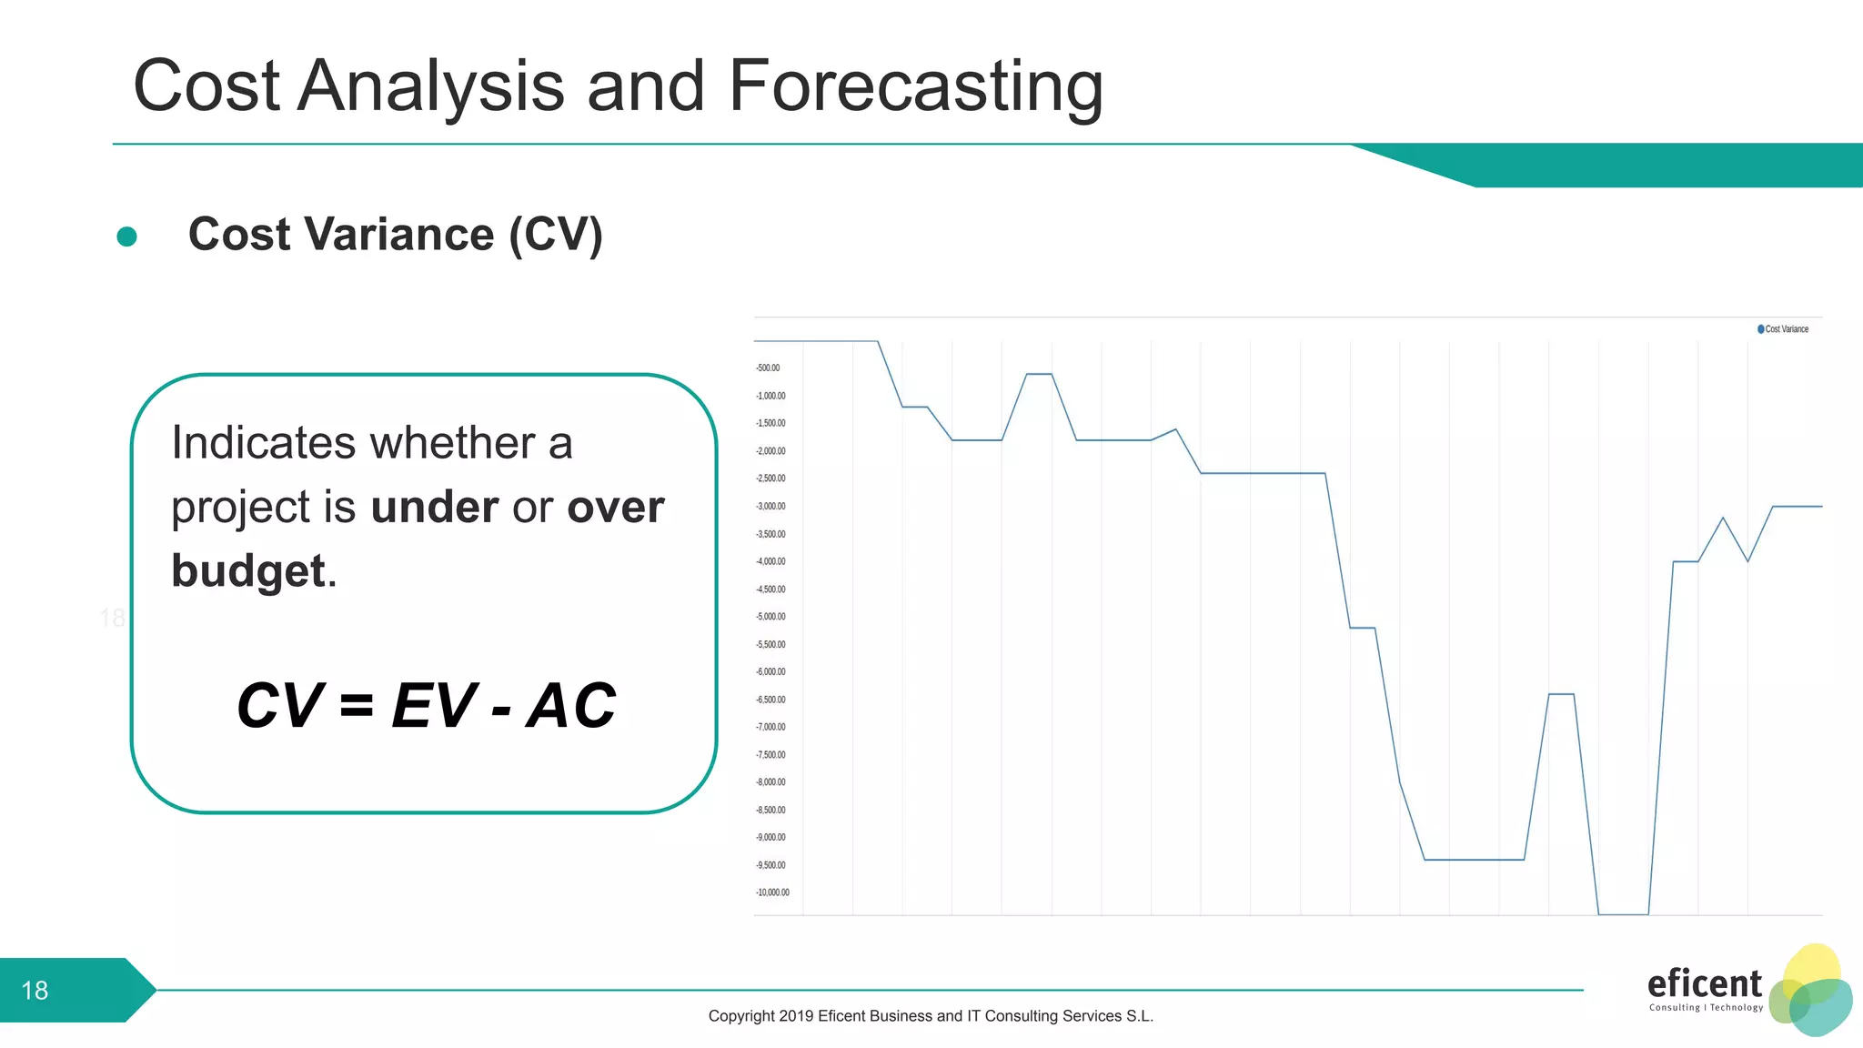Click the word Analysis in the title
click(431, 86)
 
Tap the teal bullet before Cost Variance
click(127, 237)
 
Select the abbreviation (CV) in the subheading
click(556, 235)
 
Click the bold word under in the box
click(435, 507)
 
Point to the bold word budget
click(248, 571)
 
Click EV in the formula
click(434, 706)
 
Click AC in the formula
click(571, 706)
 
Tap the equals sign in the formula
click(357, 706)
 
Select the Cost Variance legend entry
click(1783, 329)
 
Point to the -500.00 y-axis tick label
click(768, 368)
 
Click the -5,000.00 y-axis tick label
click(770, 617)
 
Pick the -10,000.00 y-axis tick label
click(772, 892)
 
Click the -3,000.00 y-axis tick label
click(770, 507)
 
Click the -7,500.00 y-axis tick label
click(770, 755)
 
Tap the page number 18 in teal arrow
click(35, 990)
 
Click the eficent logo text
click(1704, 983)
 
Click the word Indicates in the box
click(263, 443)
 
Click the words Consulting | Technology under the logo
click(1706, 1008)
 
